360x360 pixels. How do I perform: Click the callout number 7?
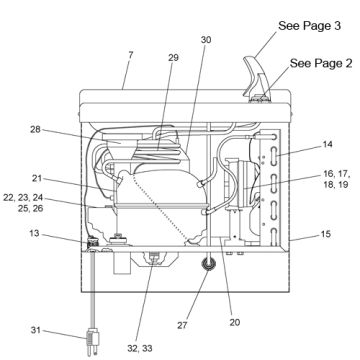click(130, 55)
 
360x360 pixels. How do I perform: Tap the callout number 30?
click(206, 40)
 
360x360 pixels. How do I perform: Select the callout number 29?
click(173, 58)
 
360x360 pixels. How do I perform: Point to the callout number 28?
click(35, 129)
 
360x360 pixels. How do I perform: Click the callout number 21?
click(37, 178)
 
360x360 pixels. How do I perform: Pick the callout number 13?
click(34, 233)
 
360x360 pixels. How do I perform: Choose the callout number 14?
click(328, 144)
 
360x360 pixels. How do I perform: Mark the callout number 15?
click(326, 234)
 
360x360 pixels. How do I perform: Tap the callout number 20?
click(235, 322)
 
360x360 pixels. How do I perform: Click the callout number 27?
click(182, 325)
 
